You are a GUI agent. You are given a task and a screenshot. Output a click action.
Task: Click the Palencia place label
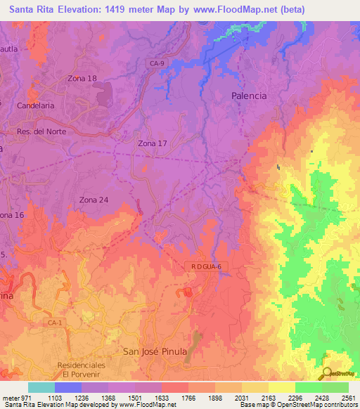[250, 96]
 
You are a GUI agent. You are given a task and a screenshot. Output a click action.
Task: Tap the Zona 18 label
[82, 78]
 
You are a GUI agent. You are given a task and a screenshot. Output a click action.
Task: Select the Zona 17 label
[152, 143]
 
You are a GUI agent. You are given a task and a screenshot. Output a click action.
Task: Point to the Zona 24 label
[94, 200]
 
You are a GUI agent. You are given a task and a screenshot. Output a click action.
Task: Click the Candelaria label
[36, 105]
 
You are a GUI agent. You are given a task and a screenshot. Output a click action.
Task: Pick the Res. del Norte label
[45, 131]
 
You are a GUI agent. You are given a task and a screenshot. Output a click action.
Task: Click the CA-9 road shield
[157, 63]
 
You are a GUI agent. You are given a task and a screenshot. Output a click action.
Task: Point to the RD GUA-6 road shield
[206, 266]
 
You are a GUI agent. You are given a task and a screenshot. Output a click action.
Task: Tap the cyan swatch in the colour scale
[41, 387]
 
